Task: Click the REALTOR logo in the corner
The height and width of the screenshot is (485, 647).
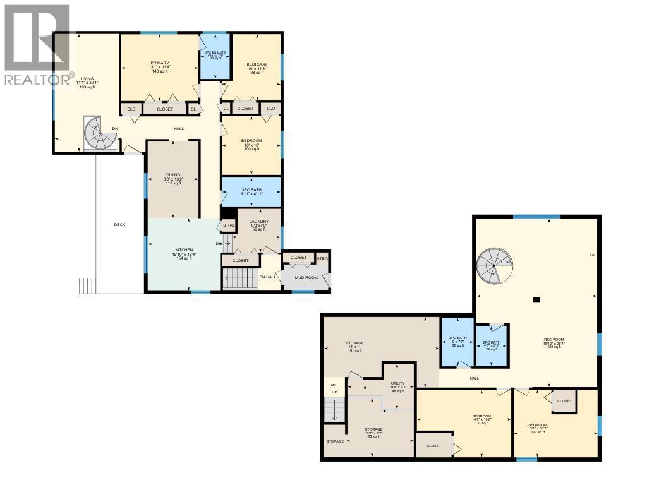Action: [x=37, y=44]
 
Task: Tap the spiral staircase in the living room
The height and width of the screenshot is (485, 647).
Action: [x=98, y=133]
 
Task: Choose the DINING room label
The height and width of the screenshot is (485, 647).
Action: [x=173, y=175]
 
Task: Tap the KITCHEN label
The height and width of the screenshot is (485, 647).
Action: [x=184, y=250]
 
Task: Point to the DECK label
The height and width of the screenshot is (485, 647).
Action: [x=119, y=224]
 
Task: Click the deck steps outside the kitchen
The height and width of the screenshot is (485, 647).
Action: [x=87, y=285]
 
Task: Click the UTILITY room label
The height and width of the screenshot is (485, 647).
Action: [x=397, y=383]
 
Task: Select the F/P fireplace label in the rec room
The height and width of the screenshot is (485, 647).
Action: [x=592, y=254]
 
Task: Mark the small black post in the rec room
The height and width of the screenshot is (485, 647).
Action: [x=537, y=299]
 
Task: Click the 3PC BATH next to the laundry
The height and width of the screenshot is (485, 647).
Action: [x=251, y=192]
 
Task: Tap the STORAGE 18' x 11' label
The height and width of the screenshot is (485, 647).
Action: [x=354, y=343]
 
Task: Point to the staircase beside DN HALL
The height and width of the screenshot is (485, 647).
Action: [x=239, y=278]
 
